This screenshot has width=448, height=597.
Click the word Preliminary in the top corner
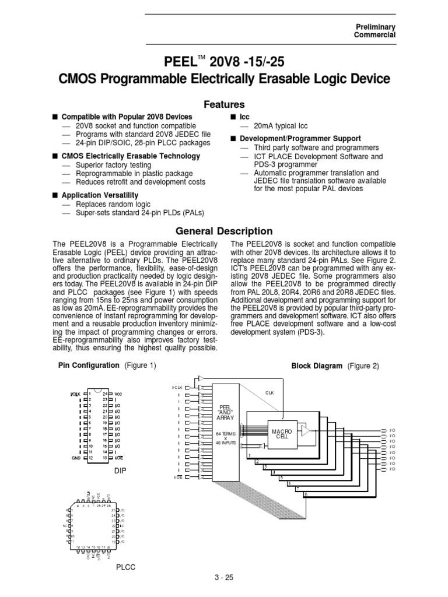pyautogui.click(x=375, y=27)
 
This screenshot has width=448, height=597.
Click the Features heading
pyautogui.click(x=224, y=104)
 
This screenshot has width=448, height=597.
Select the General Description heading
pyautogui.click(x=224, y=231)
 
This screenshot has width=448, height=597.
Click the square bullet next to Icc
pyautogui.click(x=232, y=117)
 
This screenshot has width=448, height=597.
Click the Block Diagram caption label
pyautogui.click(x=317, y=366)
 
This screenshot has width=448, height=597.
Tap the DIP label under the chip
pyautogui.click(x=120, y=469)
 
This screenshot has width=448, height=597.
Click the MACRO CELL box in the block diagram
pyautogui.click(x=281, y=434)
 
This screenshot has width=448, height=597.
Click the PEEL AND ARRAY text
pyautogui.click(x=225, y=412)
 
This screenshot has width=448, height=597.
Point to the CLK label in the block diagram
pyautogui.click(x=269, y=393)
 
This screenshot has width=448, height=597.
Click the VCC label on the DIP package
pyautogui.click(x=119, y=394)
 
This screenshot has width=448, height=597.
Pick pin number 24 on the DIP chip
pyautogui.click(x=106, y=394)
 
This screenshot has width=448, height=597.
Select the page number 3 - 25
pyautogui.click(x=224, y=578)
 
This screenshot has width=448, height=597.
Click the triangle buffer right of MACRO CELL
pyautogui.click(x=305, y=431)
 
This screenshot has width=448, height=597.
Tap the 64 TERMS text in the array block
pyautogui.click(x=225, y=434)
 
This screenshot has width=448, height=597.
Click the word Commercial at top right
pyautogui.click(x=375, y=35)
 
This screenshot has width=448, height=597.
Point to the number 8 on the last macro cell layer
pyautogui.click(x=306, y=494)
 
